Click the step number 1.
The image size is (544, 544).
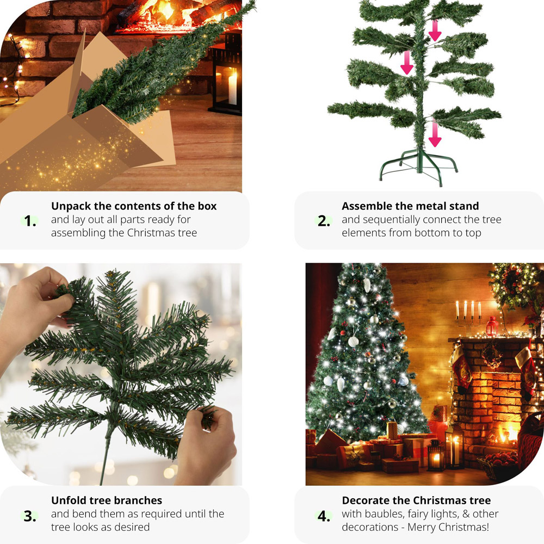(30, 221)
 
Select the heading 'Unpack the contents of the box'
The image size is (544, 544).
(134, 206)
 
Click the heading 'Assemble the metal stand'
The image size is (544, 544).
(410, 206)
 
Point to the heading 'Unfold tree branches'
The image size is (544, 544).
(107, 500)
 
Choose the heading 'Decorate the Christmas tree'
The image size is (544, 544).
(416, 500)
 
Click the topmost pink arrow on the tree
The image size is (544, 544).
(435, 30)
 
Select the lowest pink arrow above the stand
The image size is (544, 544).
(435, 135)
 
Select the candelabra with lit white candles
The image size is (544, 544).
(468, 316)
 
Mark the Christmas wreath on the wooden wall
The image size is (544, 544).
(514, 286)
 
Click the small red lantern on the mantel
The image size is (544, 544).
(492, 326)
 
